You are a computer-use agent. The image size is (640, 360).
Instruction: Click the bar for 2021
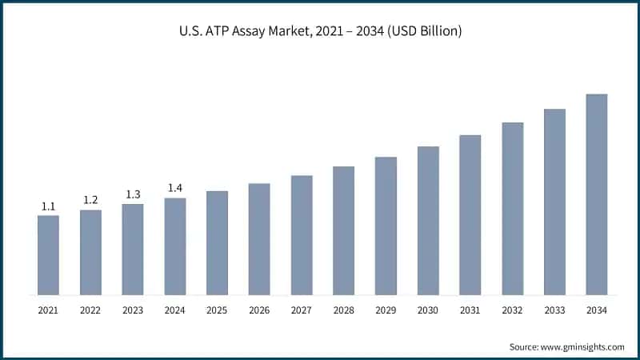(x=48, y=254)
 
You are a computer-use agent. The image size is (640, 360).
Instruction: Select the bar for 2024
(x=174, y=246)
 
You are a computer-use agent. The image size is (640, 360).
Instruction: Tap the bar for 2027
(x=302, y=234)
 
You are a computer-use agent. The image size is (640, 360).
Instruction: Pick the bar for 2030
(x=428, y=220)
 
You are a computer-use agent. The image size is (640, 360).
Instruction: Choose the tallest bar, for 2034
(x=597, y=194)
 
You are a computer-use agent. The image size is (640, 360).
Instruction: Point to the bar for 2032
(x=512, y=208)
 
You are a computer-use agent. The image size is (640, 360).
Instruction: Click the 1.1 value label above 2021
(x=48, y=206)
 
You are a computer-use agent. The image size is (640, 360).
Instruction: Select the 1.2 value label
(x=90, y=200)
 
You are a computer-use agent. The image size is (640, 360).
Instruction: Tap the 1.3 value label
(x=133, y=194)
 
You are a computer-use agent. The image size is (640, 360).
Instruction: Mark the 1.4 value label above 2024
(x=174, y=188)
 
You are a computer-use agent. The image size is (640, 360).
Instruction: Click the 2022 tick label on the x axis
(x=90, y=310)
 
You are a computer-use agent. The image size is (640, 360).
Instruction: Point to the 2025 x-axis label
(x=217, y=310)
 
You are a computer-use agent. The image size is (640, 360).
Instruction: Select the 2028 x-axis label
(x=343, y=310)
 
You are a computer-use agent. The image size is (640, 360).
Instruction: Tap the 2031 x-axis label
(x=470, y=310)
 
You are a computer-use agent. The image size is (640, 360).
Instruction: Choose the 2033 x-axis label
(x=554, y=310)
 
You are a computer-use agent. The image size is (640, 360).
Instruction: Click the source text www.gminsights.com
(x=566, y=346)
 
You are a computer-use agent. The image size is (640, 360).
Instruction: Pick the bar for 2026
(x=259, y=238)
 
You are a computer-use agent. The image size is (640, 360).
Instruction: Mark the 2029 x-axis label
(x=386, y=310)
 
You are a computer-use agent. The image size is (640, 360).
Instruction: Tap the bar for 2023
(x=133, y=249)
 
